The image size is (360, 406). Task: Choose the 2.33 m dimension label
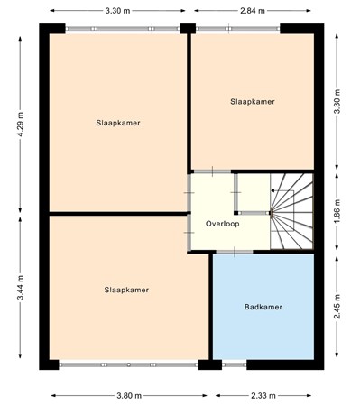click(264, 395)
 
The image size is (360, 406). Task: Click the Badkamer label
click(263, 308)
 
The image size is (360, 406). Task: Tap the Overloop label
click(222, 223)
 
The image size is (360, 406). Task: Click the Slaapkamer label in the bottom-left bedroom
click(126, 290)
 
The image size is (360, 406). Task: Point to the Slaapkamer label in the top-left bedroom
click(118, 121)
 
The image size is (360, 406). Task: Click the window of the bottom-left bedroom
click(128, 364)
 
